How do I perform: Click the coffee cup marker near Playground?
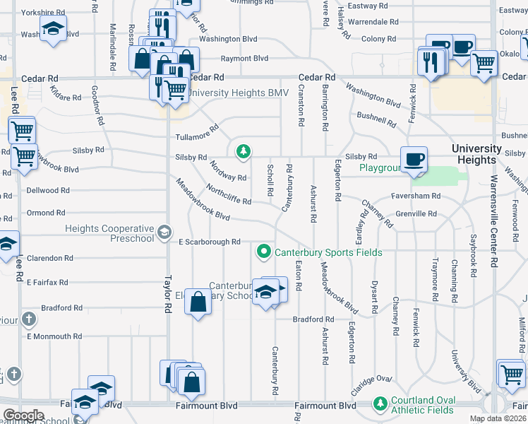pos(414,158)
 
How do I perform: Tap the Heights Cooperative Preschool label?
pos(109,233)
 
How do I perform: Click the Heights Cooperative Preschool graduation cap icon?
pos(164,232)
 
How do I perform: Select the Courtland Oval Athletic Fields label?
pos(422,405)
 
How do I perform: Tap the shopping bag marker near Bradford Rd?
pos(199,302)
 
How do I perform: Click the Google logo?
pos(23,416)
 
